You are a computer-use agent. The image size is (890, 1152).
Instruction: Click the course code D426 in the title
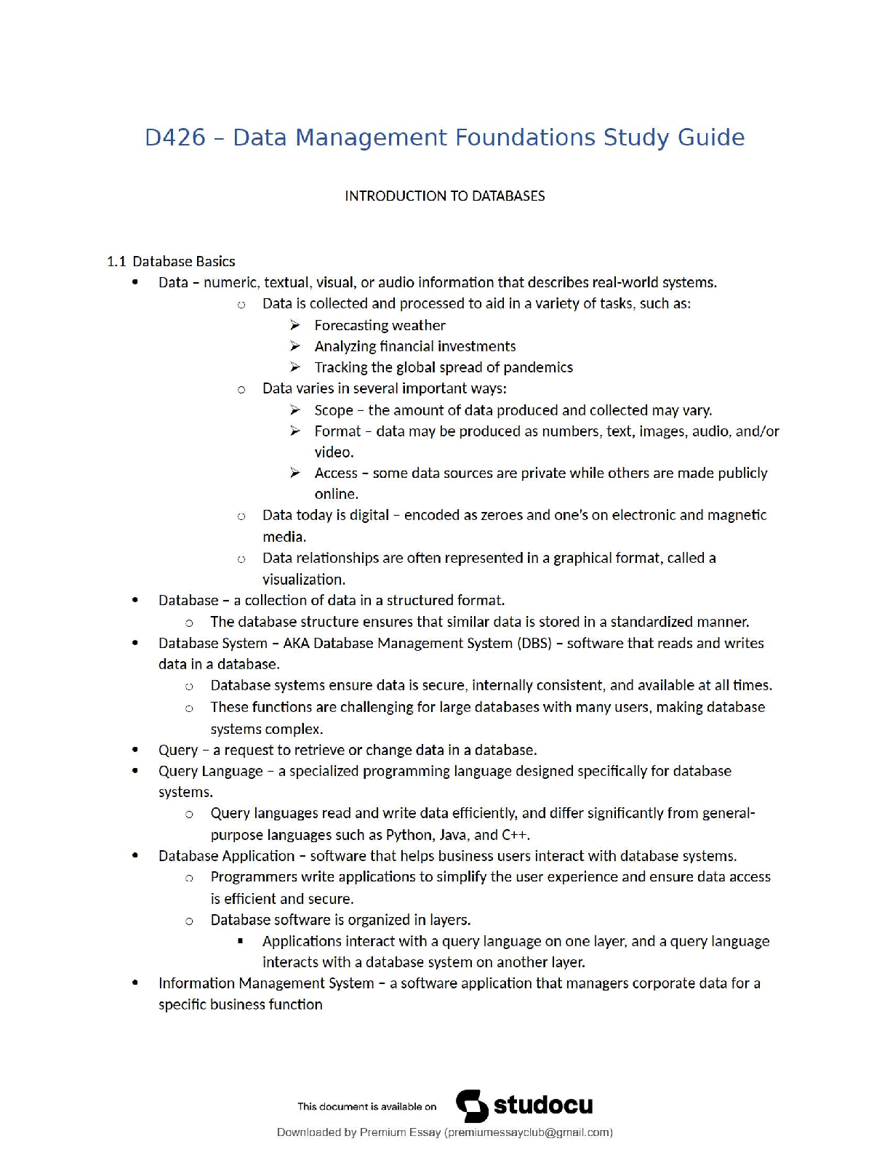click(175, 137)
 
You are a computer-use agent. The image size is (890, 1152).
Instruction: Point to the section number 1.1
click(116, 261)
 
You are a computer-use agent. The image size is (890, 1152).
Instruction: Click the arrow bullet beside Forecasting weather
click(295, 325)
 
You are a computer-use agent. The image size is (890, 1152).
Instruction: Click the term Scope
click(334, 410)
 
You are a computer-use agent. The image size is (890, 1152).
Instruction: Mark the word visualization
click(303, 580)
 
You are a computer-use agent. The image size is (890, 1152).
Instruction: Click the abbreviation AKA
click(296, 643)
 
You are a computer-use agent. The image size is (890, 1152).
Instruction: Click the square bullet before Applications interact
click(241, 941)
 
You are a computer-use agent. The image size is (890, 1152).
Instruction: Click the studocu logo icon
click(472, 1105)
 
